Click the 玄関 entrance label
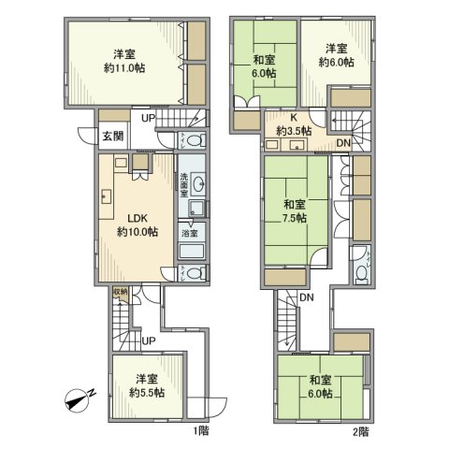[x=111, y=135]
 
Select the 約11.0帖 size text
[x=125, y=68]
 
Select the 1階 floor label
[x=202, y=431]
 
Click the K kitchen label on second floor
[x=293, y=119]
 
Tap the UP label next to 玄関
[x=149, y=118]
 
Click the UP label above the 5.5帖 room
[x=148, y=341]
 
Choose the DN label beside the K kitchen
[x=342, y=142]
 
